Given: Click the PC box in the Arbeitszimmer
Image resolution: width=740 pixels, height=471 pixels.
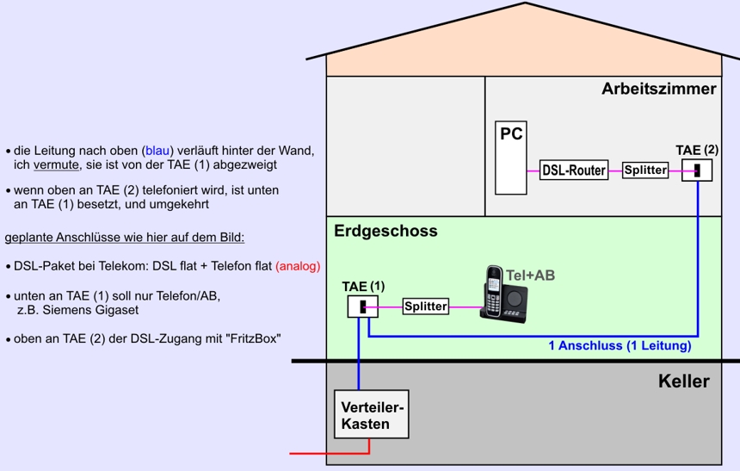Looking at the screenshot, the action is [510, 158].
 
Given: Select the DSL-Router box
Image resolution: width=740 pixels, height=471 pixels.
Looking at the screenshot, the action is [574, 170].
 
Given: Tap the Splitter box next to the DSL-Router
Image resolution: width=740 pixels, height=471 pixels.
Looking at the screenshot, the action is [645, 170].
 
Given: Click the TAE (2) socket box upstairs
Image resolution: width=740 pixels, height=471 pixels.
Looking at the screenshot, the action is [697, 170].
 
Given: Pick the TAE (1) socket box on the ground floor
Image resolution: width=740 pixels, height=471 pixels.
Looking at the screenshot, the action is [362, 307].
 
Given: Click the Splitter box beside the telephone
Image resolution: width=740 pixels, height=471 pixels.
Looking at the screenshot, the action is [426, 307].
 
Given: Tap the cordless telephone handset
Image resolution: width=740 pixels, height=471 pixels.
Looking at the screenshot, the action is [493, 291].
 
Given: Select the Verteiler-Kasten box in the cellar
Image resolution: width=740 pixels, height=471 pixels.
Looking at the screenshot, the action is [372, 414].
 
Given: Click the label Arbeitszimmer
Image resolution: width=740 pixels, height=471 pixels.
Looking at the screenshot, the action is [659, 89].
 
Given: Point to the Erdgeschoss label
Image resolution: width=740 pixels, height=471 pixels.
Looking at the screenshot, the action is [385, 231].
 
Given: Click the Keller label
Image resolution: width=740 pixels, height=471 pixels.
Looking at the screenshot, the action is [684, 381].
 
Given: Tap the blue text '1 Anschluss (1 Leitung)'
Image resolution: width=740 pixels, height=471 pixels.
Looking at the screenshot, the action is [620, 346].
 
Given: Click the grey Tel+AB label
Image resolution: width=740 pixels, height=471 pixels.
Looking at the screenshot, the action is [530, 276].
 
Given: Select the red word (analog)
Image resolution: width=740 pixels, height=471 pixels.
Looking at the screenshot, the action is [298, 266].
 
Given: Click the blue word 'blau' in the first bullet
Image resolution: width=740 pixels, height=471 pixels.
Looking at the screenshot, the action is [157, 151].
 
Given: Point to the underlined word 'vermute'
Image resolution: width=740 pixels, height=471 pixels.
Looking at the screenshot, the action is [56, 164].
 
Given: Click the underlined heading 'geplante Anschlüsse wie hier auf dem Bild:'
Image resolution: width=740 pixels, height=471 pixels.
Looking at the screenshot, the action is [125, 237].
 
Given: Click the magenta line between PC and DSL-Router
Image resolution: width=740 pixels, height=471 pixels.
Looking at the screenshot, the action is [533, 170].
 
